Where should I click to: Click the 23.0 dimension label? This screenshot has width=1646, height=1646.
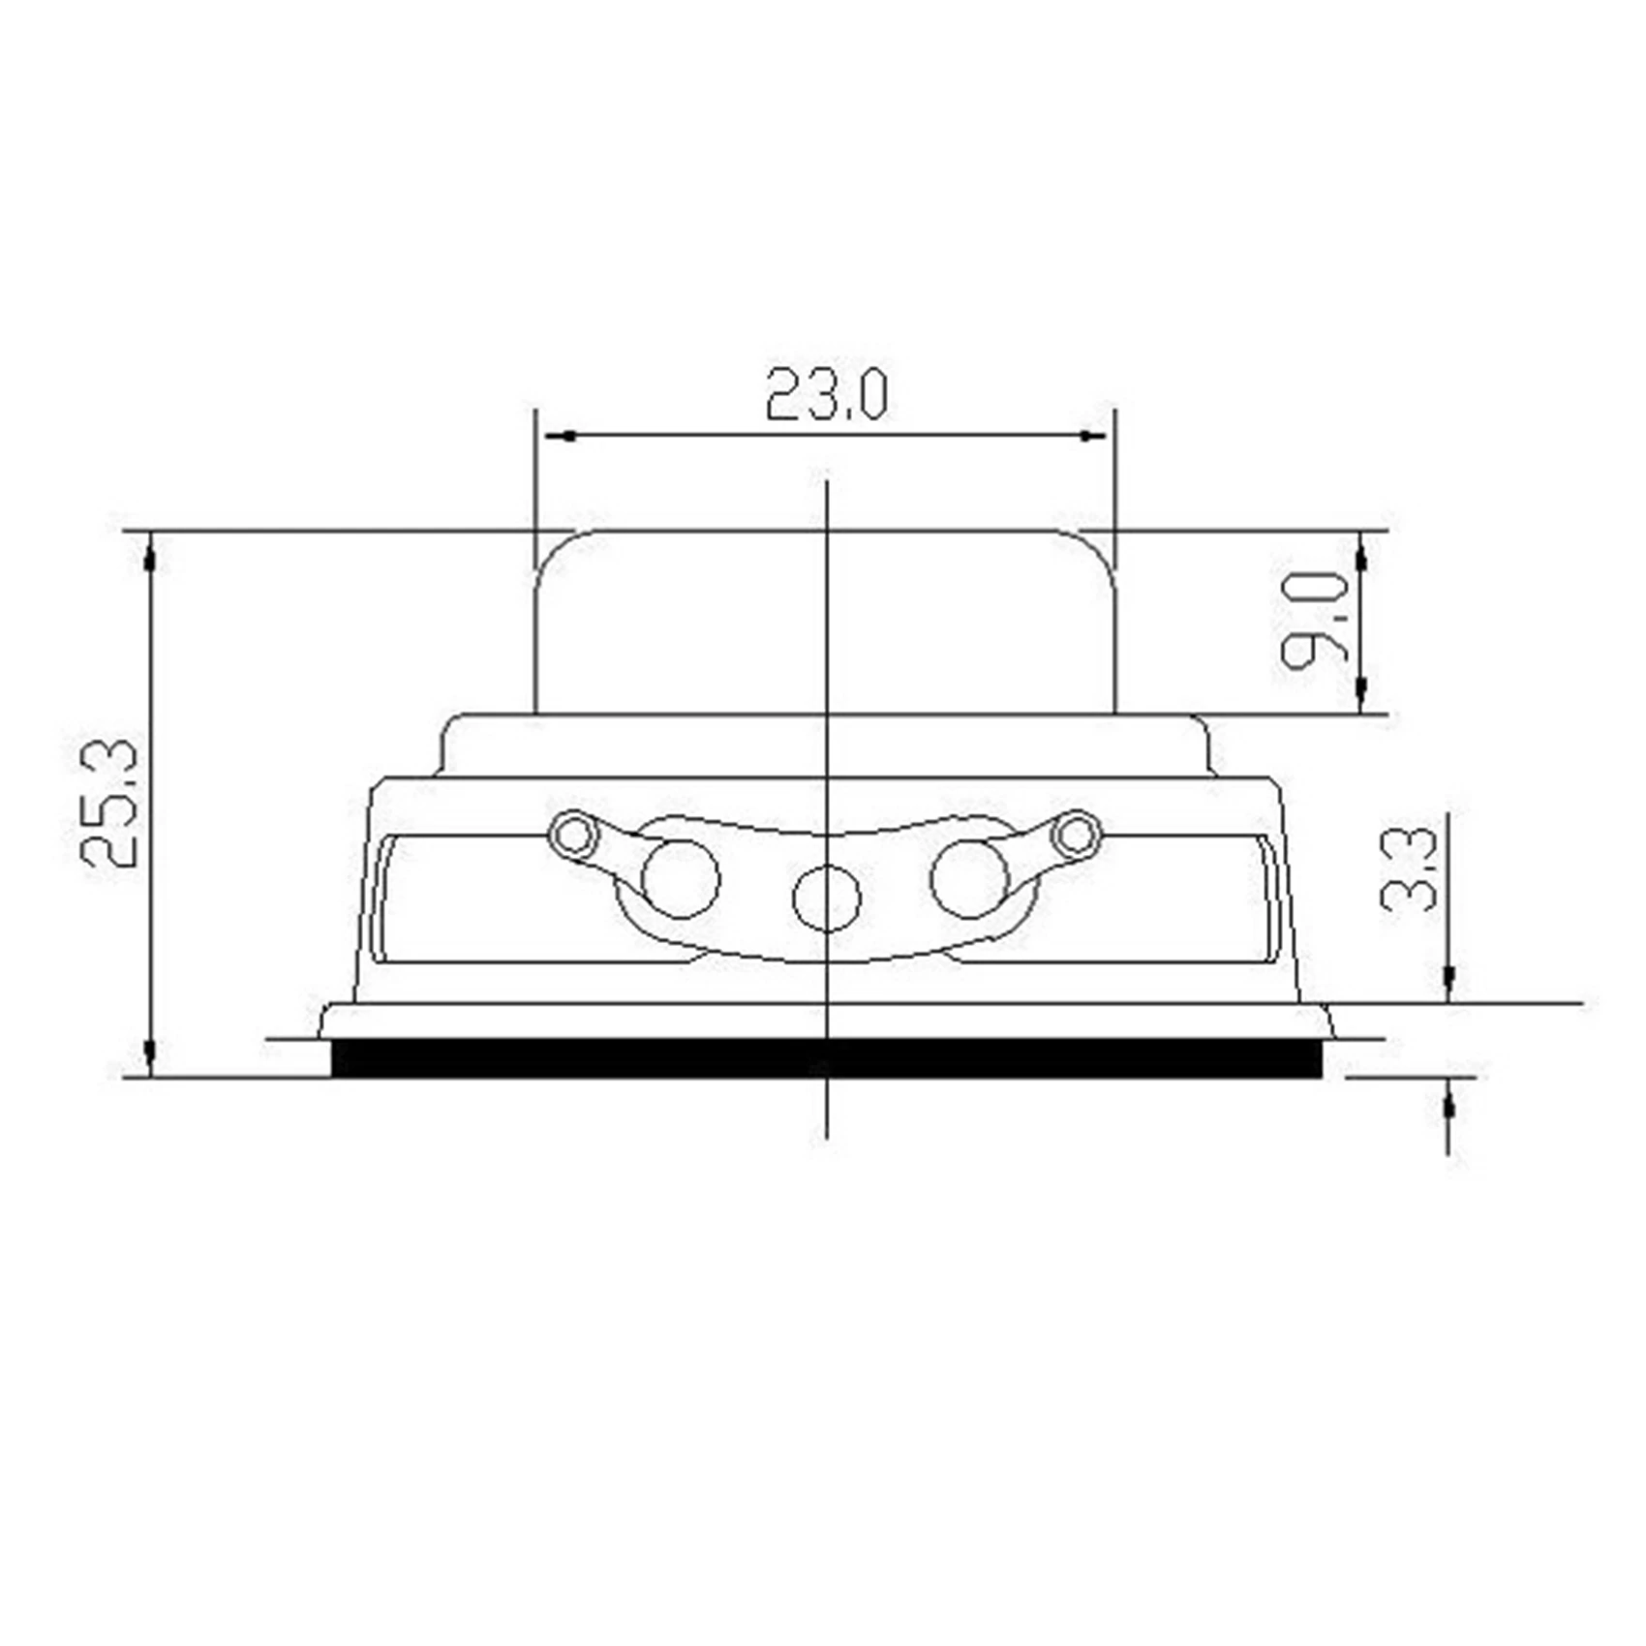tap(825, 394)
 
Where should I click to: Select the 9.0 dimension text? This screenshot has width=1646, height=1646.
tap(1314, 621)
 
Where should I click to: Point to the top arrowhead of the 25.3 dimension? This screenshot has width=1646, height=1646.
tap(150, 556)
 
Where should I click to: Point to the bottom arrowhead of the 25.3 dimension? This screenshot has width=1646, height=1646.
tap(150, 1052)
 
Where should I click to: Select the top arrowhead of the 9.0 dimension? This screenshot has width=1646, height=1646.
tap(1360, 556)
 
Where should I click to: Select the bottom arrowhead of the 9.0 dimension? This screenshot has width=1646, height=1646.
tap(1360, 689)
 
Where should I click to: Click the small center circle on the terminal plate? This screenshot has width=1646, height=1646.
tap(826, 898)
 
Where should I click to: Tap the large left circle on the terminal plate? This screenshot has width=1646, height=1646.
tap(681, 879)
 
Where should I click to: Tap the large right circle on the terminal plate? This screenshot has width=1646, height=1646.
tap(970, 879)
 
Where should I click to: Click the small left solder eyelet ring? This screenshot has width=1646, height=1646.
tap(574, 835)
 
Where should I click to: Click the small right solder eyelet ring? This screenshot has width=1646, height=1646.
tap(1076, 834)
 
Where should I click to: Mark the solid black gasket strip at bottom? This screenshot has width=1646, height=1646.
tap(826, 1057)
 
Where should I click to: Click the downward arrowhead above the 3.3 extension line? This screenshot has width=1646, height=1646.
tap(1448, 982)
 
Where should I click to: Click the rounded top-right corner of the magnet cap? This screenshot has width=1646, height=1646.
tap(1099, 549)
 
